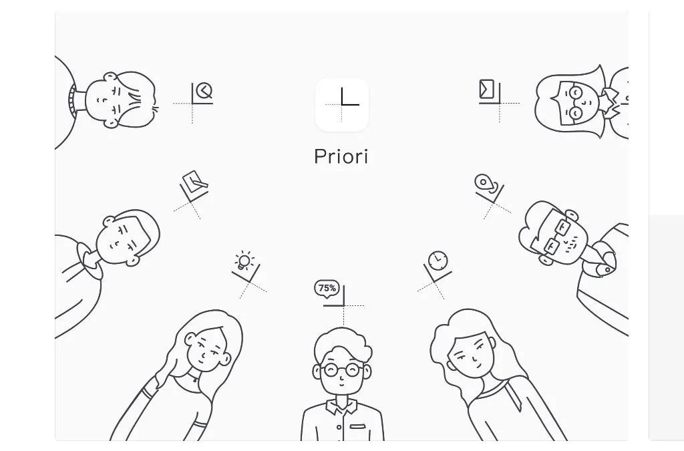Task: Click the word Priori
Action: tap(341, 156)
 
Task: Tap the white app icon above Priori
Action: tap(341, 105)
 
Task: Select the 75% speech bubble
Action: tap(327, 289)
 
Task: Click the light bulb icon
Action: tap(244, 261)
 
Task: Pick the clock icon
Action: tap(438, 261)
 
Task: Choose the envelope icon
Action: tap(486, 90)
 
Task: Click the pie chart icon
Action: tap(204, 92)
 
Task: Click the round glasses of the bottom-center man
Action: tap(342, 370)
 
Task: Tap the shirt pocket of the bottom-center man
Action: tap(357, 426)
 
